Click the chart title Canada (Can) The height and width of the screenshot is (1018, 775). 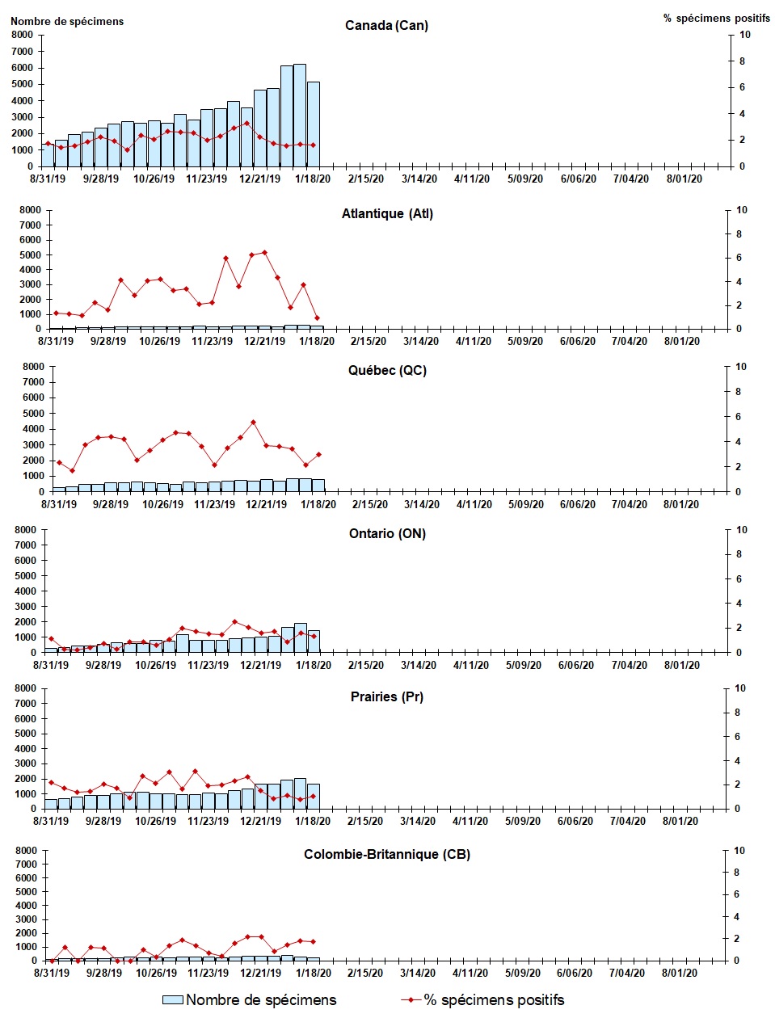click(x=386, y=26)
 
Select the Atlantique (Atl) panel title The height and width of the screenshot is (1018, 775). click(x=387, y=214)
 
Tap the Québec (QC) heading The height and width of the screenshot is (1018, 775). click(x=387, y=371)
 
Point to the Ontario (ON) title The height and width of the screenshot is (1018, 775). click(x=387, y=534)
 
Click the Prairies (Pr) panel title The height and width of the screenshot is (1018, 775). click(x=386, y=697)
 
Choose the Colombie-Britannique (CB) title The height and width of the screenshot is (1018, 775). click(x=386, y=855)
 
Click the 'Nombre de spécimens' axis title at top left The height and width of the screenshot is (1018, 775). click(x=67, y=22)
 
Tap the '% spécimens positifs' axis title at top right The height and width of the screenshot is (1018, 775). click(x=716, y=18)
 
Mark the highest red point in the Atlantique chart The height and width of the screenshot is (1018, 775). click(x=265, y=253)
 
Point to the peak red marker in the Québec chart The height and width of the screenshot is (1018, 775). click(x=253, y=422)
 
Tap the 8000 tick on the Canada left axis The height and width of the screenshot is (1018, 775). click(x=21, y=35)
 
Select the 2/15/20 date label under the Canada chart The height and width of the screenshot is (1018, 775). click(x=366, y=179)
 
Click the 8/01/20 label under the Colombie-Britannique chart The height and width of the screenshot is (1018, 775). click(x=680, y=974)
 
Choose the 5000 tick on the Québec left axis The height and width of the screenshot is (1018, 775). click(x=33, y=414)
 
